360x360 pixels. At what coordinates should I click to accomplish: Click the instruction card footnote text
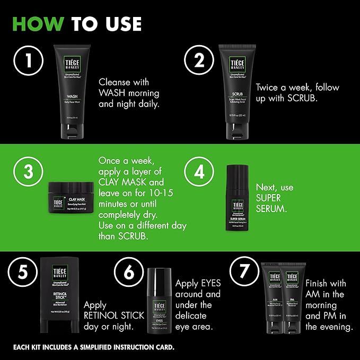point(93,347)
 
